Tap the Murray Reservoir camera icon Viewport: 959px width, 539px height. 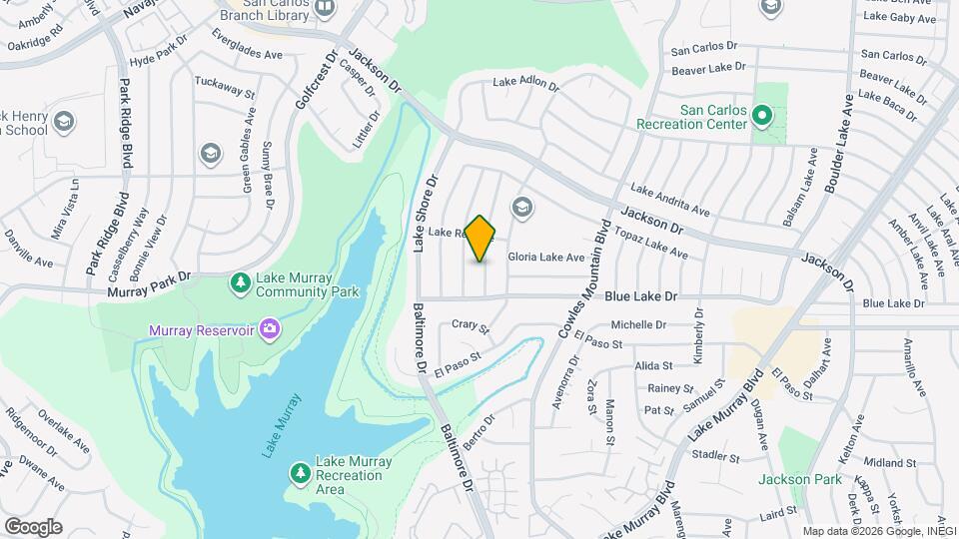click(269, 328)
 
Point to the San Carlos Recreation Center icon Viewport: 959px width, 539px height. click(760, 117)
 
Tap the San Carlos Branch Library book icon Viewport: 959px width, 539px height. click(324, 8)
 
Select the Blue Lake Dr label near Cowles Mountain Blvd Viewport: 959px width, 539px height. click(642, 296)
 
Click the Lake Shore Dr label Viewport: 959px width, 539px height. click(426, 214)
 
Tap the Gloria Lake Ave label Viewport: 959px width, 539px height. click(545, 257)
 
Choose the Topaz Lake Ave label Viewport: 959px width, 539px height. click(650, 243)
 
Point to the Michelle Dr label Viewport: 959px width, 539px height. click(638, 324)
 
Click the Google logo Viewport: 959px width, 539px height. click(33, 526)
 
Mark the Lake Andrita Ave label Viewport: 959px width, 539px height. click(668, 200)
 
